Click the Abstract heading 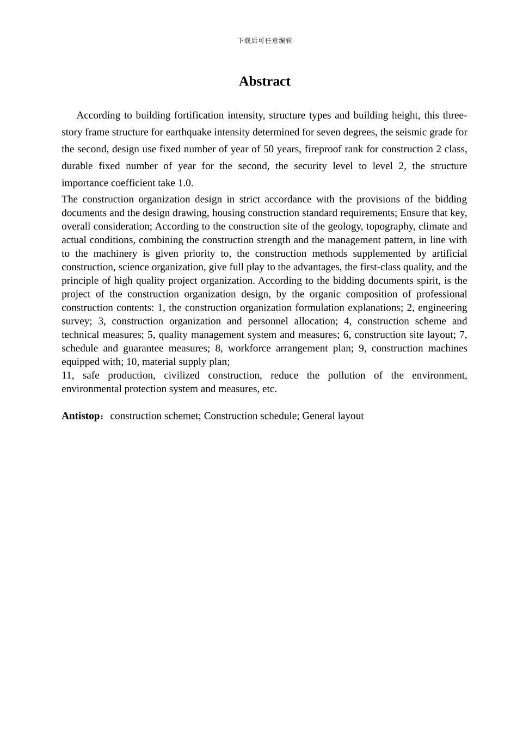(264, 82)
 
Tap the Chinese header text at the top (264, 41)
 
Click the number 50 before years (268, 149)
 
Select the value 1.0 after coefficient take (185, 183)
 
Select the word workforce (249, 348)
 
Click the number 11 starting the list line (67, 375)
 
